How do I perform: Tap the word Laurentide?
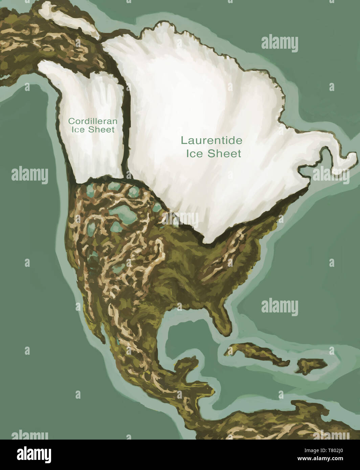tap(211, 140)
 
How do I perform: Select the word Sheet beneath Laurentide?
tap(224, 154)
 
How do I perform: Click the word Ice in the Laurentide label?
tap(194, 154)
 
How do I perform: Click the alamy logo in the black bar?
tap(29, 455)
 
